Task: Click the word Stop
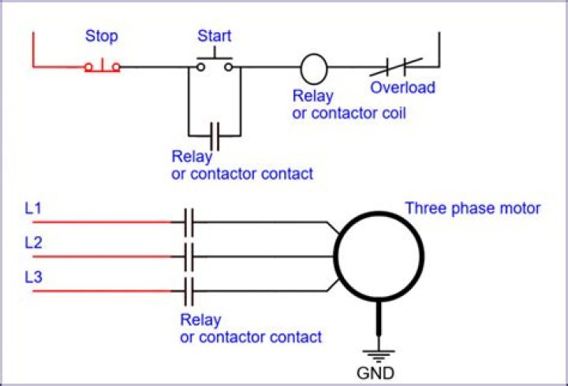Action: (x=102, y=36)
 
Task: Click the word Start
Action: (x=214, y=36)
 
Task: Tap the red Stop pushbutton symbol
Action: (x=102, y=66)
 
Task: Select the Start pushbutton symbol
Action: (x=215, y=60)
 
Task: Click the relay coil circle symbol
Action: (x=314, y=69)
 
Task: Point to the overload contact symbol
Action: (x=396, y=67)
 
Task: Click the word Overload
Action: (x=402, y=88)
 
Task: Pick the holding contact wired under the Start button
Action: (x=215, y=137)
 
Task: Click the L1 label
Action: (x=33, y=208)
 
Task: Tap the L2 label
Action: (x=33, y=243)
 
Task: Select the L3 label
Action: (x=33, y=277)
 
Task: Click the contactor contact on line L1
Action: (x=189, y=222)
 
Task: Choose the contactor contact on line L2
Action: (x=189, y=257)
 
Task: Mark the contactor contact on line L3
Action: (x=189, y=291)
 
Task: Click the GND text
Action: (x=376, y=373)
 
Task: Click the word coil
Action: (x=394, y=114)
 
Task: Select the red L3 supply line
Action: (x=102, y=291)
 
